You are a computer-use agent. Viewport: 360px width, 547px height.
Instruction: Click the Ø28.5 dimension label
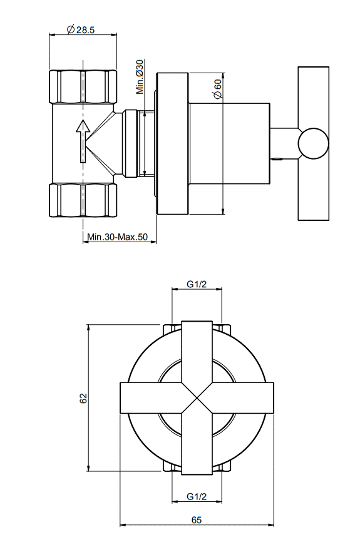81,29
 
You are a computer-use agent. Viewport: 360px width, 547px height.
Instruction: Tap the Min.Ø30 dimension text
140,77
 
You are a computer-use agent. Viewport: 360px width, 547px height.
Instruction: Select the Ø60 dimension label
217,89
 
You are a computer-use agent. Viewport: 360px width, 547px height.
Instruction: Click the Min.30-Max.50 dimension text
118,237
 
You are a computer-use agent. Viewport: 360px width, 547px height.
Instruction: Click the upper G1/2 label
197,284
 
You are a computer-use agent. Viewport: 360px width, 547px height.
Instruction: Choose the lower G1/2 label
197,496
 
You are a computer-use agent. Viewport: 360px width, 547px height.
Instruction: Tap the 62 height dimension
83,398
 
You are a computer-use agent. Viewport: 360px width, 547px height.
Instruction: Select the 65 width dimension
197,520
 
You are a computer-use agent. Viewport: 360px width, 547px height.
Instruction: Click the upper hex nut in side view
83,86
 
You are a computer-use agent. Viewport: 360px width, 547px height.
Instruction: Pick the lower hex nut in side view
83,200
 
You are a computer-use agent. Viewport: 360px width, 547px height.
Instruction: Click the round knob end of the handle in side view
313,143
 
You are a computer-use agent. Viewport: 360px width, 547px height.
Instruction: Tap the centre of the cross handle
197,398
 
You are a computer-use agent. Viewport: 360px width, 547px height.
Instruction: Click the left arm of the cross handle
151,398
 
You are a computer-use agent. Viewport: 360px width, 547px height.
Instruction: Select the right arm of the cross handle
243,398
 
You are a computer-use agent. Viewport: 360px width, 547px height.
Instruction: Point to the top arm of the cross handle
197,352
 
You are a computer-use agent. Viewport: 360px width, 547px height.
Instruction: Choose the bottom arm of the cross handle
197,444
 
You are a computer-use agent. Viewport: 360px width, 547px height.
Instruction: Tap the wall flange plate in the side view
172,143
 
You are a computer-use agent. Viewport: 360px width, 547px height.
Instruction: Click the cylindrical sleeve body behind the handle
229,143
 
